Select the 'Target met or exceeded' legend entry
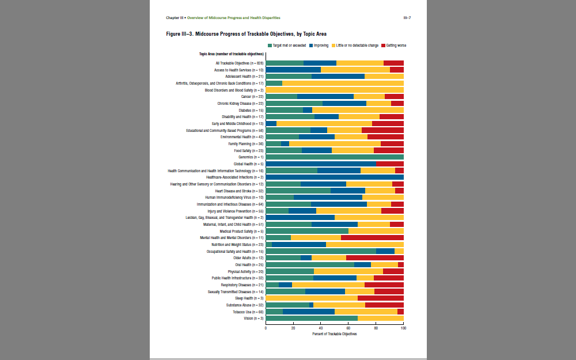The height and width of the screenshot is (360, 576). click(288, 44)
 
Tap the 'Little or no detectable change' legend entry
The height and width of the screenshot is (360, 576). click(357, 44)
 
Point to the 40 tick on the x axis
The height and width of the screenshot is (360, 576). click(321, 328)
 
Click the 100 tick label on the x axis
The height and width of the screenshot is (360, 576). click(403, 328)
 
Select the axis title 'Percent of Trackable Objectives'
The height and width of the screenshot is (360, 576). click(334, 334)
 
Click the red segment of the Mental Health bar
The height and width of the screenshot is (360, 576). click(372, 237)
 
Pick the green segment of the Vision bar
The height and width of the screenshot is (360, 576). click(312, 318)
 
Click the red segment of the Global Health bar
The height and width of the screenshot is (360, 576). click(390, 164)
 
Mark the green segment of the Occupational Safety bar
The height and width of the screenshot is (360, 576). click(321, 251)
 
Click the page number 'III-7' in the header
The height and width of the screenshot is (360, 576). click(407, 18)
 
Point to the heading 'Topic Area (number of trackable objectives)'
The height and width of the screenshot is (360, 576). click(232, 54)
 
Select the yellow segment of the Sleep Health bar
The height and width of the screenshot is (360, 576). click(312, 298)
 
